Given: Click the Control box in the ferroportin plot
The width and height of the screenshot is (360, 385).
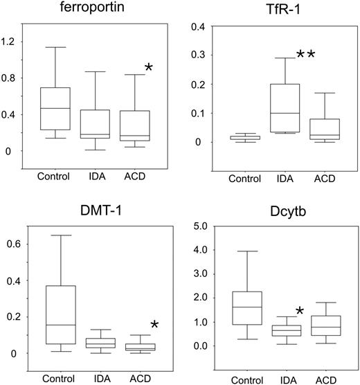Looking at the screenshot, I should [x=53, y=109].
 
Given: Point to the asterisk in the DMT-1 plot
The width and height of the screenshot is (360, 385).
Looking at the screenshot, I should [x=154, y=325].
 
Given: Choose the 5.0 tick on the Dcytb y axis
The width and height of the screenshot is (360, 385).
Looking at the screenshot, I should [x=195, y=225].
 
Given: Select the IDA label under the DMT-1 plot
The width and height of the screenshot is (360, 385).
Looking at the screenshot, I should [x=102, y=378].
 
